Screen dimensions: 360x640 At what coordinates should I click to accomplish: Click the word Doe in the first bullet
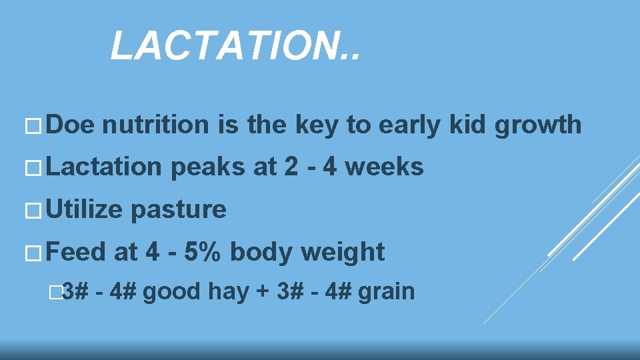click(71, 124)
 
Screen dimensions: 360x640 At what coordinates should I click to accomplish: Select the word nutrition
click(156, 124)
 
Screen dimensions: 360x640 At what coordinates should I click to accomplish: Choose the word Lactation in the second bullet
click(104, 167)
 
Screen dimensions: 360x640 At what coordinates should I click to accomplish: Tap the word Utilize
click(85, 209)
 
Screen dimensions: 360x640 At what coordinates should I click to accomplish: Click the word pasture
click(179, 211)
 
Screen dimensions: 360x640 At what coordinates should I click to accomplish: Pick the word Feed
click(77, 252)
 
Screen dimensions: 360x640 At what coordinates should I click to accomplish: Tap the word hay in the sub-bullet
click(229, 292)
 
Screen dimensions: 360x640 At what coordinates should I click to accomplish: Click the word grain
click(386, 292)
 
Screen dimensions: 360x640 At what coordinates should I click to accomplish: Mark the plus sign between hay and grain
click(262, 292)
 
